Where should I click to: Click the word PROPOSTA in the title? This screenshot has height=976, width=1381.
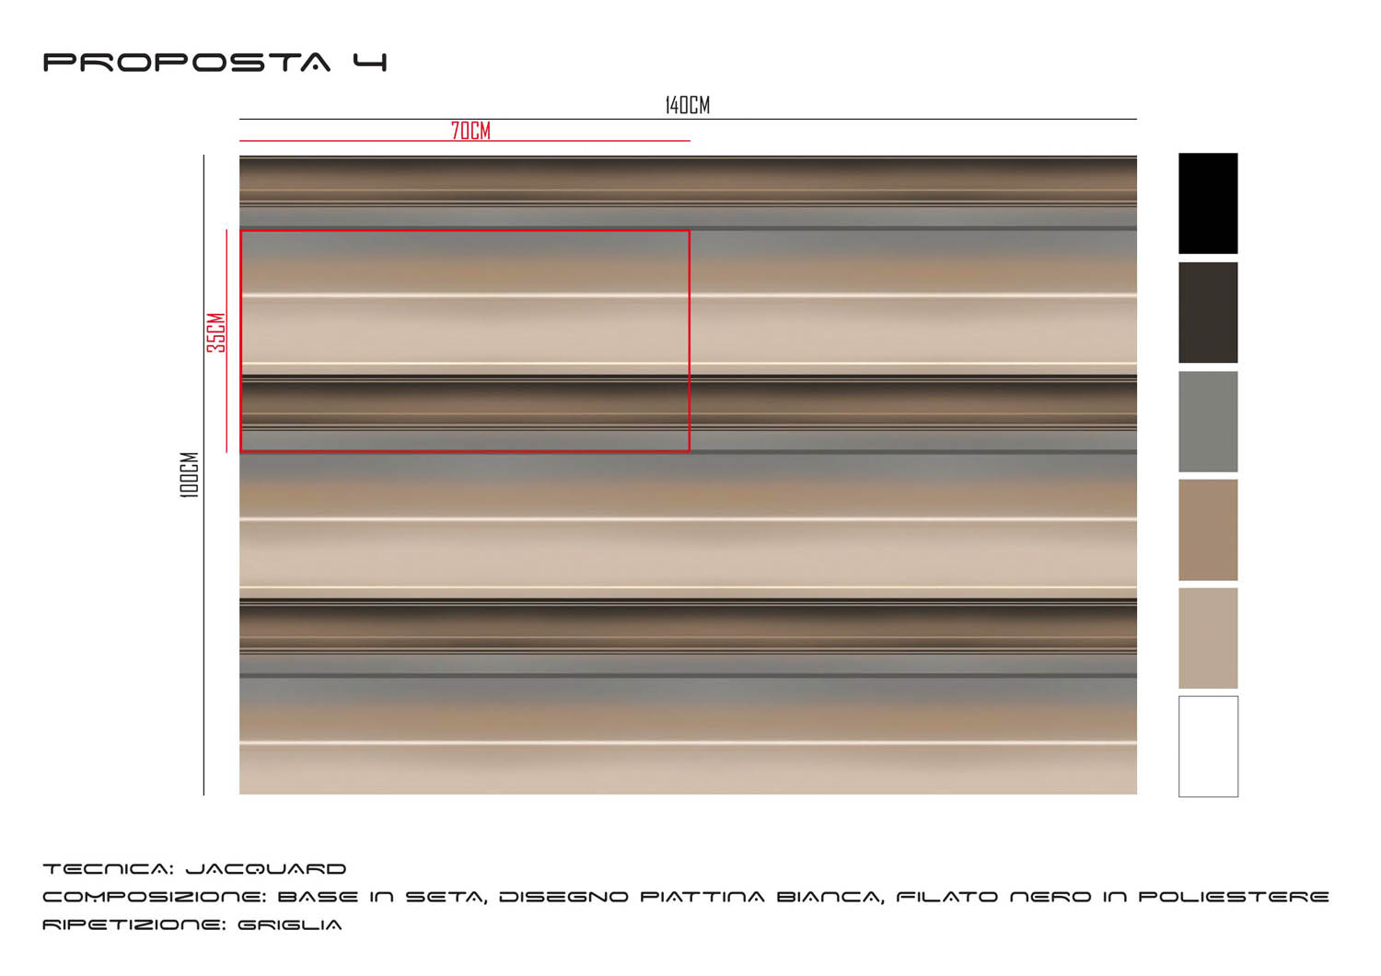pyautogui.click(x=187, y=63)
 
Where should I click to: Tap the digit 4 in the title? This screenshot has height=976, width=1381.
pyautogui.click(x=370, y=63)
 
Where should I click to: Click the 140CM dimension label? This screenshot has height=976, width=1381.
pyautogui.click(x=688, y=106)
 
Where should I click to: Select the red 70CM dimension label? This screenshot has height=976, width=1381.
pyautogui.click(x=470, y=131)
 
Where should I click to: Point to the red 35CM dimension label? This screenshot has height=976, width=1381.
pyautogui.click(x=216, y=333)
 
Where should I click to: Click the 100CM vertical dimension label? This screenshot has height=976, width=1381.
pyautogui.click(x=190, y=475)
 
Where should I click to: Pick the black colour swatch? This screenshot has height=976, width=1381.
pyautogui.click(x=1208, y=203)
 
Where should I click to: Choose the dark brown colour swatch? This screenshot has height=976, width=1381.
pyautogui.click(x=1208, y=312)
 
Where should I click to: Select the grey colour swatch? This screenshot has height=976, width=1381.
pyautogui.click(x=1208, y=422)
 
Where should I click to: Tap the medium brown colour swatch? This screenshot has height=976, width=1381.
pyautogui.click(x=1208, y=530)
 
